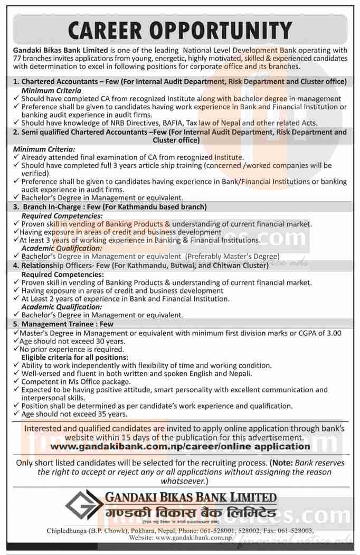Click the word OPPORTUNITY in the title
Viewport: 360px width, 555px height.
coord(229,29)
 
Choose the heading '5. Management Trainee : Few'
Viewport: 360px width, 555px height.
coord(63,324)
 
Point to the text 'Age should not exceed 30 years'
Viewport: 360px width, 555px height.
coord(72,341)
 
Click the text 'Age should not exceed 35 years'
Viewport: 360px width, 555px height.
coord(72,415)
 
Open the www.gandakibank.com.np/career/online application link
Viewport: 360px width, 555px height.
coord(180,446)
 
